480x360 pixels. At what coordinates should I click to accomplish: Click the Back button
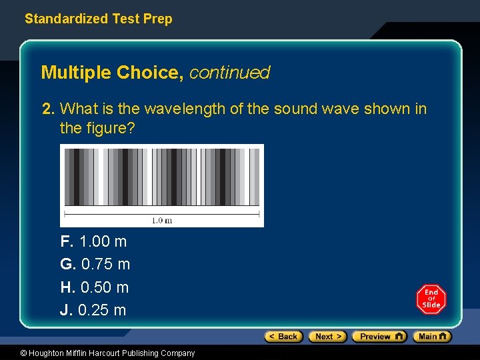(283, 337)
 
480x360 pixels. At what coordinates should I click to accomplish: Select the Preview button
(379, 337)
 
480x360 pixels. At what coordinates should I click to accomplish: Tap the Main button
(432, 337)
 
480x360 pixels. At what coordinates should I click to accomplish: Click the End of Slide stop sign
(431, 299)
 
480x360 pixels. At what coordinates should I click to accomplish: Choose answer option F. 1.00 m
(93, 241)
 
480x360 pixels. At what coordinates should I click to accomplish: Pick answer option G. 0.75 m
(95, 264)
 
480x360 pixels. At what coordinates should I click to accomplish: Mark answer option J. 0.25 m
(93, 310)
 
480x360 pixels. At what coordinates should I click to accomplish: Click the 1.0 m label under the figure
(162, 221)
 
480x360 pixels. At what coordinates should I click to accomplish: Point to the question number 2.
(47, 109)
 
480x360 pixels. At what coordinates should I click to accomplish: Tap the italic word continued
(229, 73)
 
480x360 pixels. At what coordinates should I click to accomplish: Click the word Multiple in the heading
(76, 73)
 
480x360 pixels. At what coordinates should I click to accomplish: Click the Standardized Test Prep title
(98, 19)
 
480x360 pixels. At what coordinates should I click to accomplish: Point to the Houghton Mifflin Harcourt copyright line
(98, 353)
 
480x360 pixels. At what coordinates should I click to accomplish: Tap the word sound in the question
(290, 109)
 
